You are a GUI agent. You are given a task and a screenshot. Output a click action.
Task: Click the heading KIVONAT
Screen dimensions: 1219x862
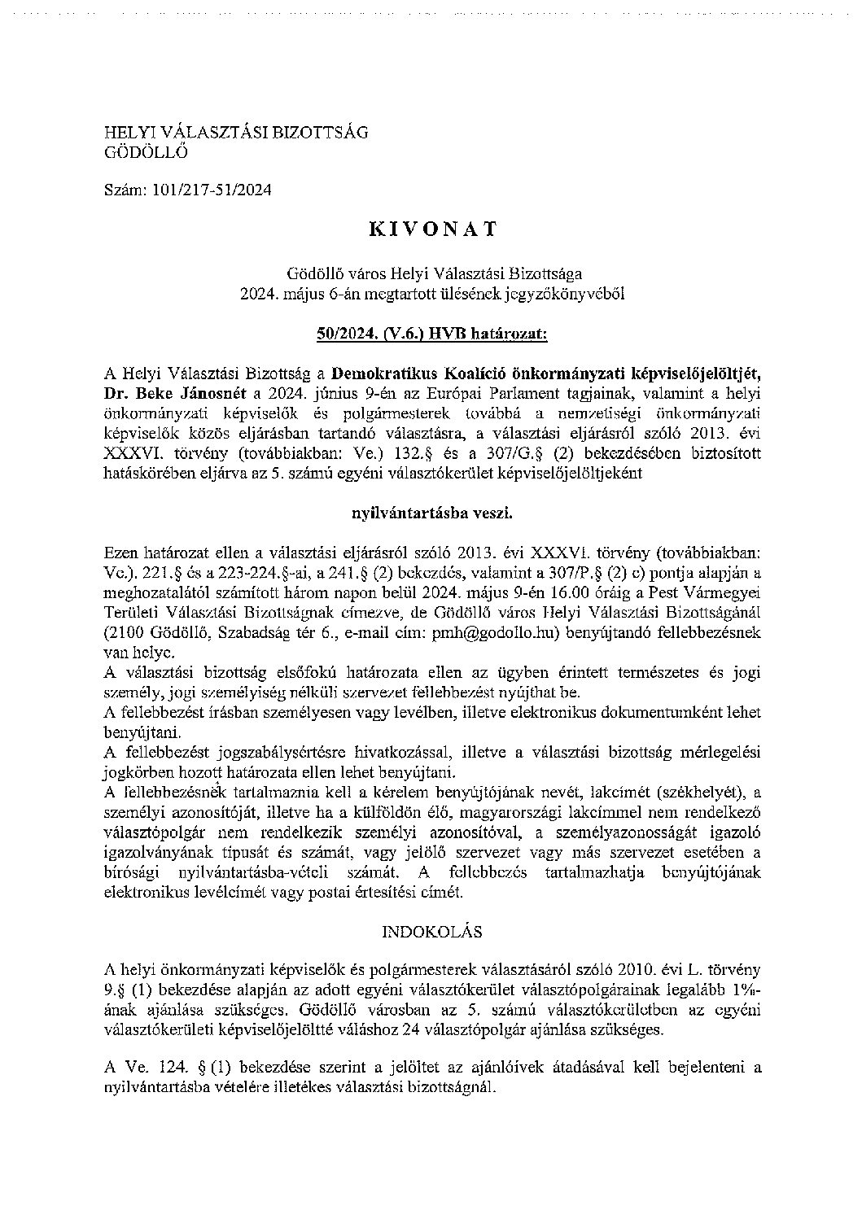click(x=431, y=229)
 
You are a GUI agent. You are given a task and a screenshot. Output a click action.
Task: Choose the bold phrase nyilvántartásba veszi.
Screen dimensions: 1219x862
click(x=431, y=513)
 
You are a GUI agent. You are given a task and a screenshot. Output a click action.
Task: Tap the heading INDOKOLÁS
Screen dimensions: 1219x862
click(x=431, y=931)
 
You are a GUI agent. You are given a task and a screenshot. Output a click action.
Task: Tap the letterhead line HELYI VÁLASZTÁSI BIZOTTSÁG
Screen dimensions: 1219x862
click(x=236, y=132)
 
